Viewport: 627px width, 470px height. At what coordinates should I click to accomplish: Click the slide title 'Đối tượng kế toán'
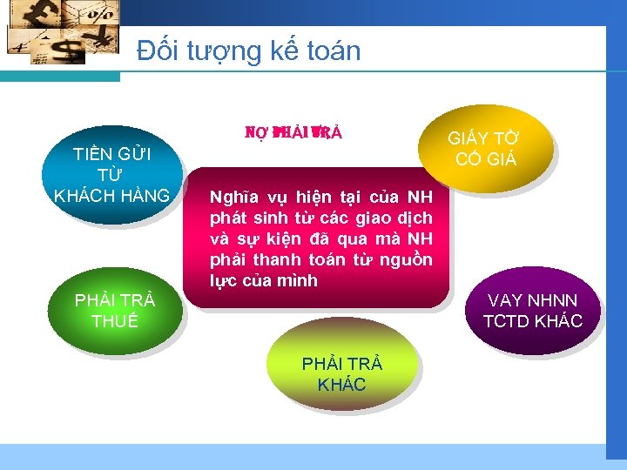point(248,50)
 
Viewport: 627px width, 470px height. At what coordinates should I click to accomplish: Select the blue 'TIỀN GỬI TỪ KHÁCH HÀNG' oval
point(112,174)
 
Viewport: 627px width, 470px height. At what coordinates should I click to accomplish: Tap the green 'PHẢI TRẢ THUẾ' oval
point(115,311)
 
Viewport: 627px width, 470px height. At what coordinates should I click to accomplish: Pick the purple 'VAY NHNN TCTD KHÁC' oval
point(532,311)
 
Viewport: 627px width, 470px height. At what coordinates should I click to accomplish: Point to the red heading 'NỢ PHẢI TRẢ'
point(293,133)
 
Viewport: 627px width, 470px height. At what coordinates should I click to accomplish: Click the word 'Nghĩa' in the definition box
point(233,198)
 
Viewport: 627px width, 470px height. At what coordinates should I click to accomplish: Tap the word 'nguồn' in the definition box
point(408,260)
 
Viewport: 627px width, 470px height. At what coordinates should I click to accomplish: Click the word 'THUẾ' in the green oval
point(115,321)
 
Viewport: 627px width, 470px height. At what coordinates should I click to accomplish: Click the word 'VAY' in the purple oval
point(505,301)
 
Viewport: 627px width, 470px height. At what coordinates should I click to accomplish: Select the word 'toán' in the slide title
point(332,50)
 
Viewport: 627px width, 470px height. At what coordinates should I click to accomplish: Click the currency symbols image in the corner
point(61,31)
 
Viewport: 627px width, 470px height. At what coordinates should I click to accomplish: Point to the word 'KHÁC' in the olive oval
point(341,385)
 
